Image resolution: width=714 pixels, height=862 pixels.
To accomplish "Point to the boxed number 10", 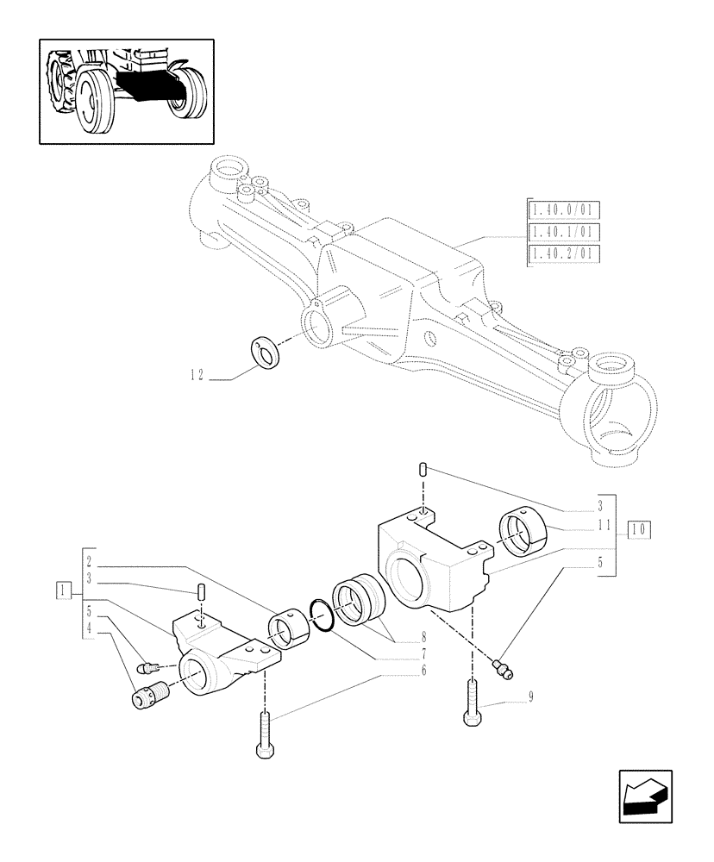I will point(639,528).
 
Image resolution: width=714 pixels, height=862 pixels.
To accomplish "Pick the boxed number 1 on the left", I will point(62,590).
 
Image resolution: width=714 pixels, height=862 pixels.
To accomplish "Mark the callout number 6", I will point(423,671).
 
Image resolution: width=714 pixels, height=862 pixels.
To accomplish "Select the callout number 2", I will point(91,558).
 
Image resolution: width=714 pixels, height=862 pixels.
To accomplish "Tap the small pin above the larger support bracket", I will point(423,469).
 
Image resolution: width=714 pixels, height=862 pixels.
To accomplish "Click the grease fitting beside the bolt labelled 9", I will point(499,666).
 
